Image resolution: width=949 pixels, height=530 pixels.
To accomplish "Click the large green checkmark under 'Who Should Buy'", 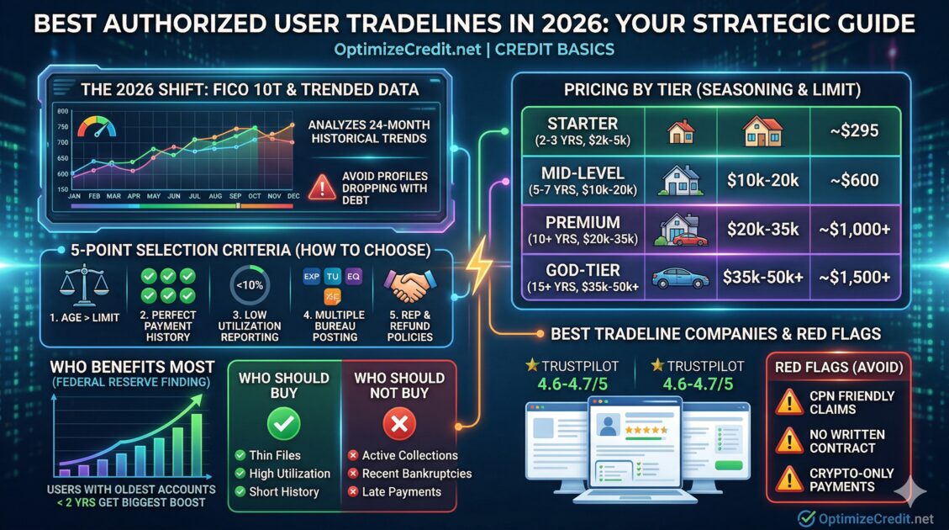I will click(284, 423).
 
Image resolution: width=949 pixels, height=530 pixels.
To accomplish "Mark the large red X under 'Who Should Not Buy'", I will click(398, 423).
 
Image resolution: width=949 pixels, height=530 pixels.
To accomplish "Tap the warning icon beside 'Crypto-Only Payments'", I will click(788, 479).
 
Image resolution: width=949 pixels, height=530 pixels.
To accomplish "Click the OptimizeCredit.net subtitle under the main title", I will click(473, 50).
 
